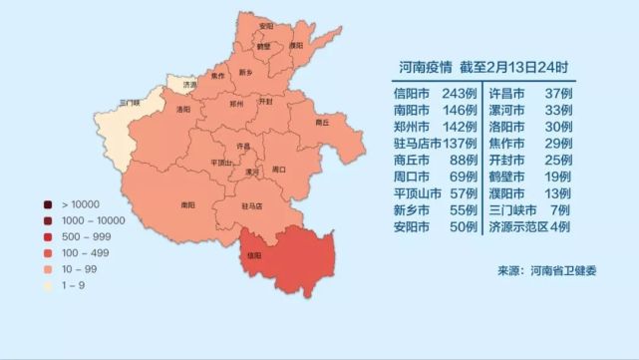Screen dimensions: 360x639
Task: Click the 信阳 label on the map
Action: tap(253, 254)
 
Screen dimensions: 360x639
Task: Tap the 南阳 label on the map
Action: tap(186, 205)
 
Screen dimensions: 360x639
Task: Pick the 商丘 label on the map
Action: tap(322, 122)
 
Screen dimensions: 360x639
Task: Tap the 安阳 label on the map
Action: tap(265, 26)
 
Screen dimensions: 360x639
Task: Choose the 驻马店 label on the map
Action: tap(251, 206)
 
